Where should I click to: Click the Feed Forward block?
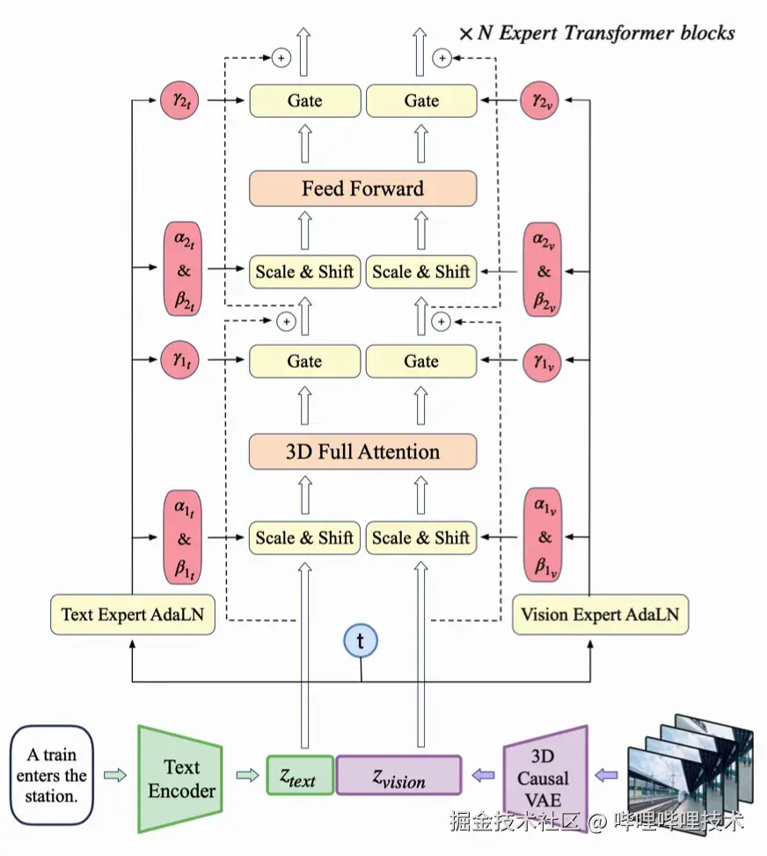click(362, 188)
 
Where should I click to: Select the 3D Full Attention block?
click(362, 452)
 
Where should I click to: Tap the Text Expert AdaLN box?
click(132, 614)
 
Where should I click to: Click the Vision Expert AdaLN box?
click(600, 614)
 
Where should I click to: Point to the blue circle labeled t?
click(361, 640)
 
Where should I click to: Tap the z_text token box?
click(300, 775)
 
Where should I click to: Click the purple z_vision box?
click(398, 775)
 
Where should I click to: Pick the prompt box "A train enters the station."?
click(51, 775)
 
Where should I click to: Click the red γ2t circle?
click(182, 101)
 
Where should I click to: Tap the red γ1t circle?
click(182, 361)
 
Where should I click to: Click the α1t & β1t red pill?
click(184, 538)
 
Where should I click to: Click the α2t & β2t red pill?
click(184, 270)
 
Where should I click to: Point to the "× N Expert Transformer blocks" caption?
click(596, 33)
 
